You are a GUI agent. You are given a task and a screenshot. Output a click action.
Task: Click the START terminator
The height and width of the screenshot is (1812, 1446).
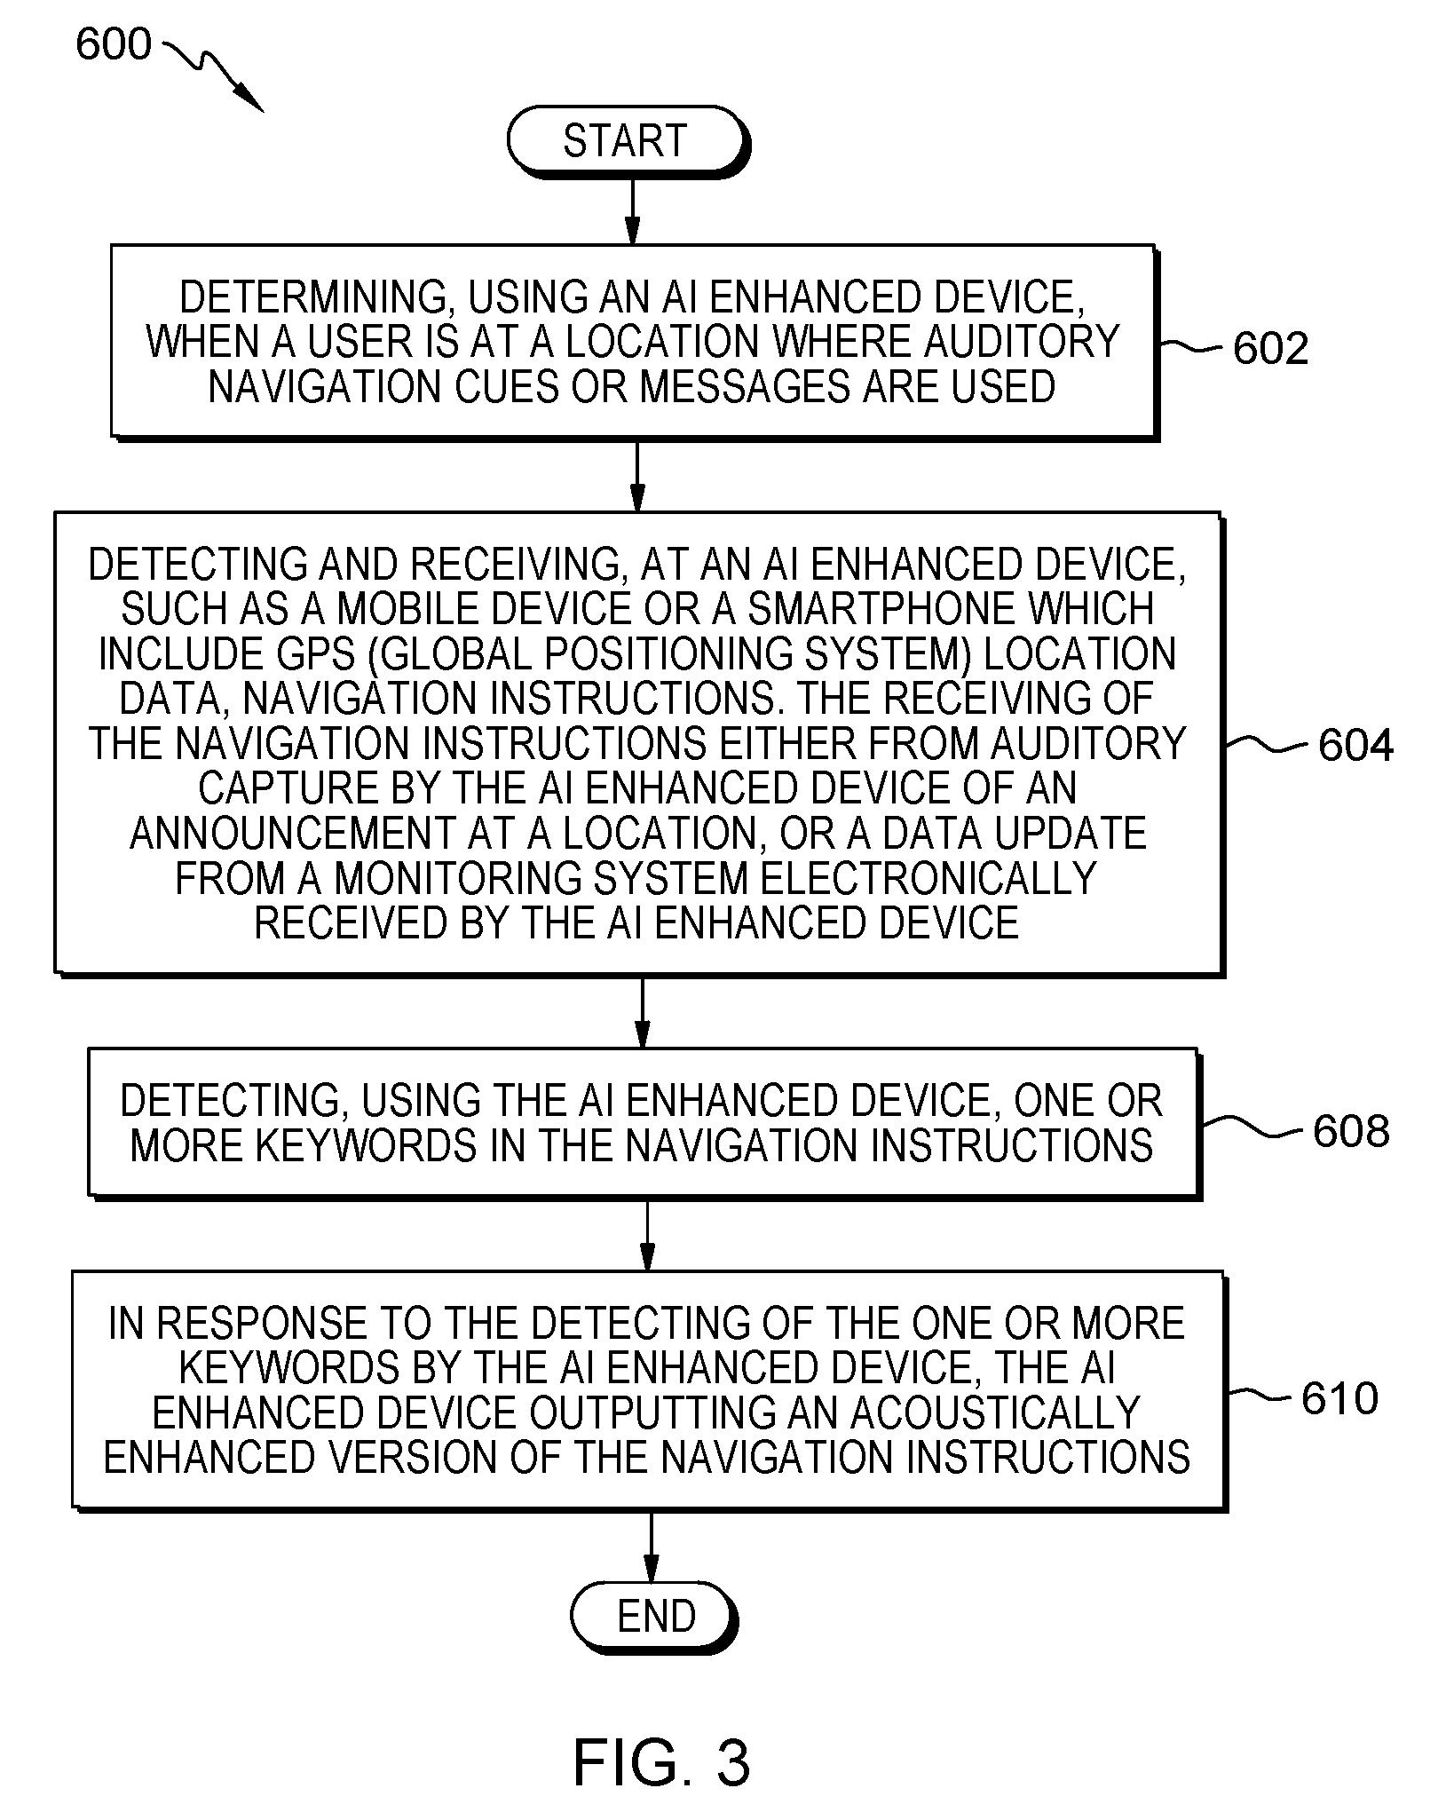[x=628, y=141]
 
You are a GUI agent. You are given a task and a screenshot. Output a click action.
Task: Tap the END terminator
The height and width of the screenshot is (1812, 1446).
[x=654, y=1617]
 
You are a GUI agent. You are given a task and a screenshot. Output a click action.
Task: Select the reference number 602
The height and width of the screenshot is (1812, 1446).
[x=1270, y=348]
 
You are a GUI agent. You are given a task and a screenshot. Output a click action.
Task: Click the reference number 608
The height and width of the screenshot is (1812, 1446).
[x=1351, y=1130]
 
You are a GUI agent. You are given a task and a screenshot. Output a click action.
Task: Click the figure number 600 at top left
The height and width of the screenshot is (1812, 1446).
[x=114, y=44]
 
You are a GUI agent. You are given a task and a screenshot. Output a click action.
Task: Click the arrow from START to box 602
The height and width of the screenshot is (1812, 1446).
[x=631, y=210]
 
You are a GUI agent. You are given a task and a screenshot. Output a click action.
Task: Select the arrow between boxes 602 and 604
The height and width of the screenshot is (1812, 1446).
[x=636, y=474]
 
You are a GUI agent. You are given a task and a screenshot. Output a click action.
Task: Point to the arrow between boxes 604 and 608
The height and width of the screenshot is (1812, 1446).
[x=642, y=1012]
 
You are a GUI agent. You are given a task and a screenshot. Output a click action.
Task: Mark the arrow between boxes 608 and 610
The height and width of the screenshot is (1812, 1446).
[x=647, y=1236]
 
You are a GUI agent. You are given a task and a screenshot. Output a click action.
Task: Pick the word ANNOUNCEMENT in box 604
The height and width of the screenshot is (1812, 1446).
[x=291, y=833]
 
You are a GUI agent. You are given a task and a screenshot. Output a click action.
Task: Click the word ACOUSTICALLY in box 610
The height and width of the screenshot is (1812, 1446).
[x=995, y=1412]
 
